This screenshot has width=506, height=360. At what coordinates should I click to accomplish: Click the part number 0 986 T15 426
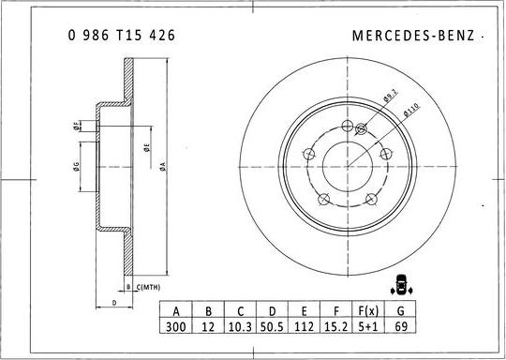(121, 35)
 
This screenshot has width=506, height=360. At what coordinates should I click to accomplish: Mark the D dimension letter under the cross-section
(113, 302)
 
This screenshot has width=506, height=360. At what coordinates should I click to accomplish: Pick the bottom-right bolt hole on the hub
(370, 198)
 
